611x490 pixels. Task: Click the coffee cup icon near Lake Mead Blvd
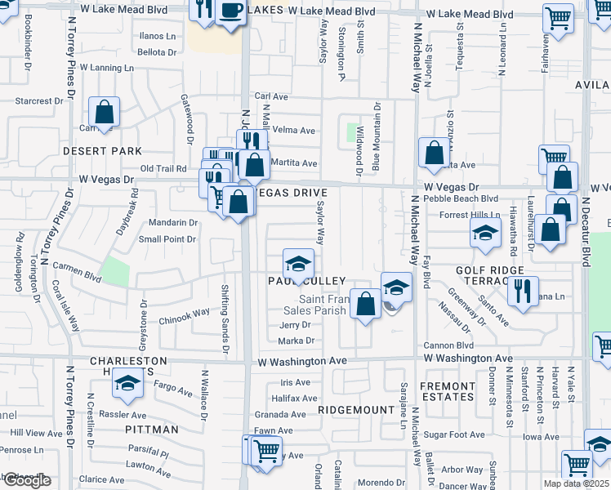click(231, 11)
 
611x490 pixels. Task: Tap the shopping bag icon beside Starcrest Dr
click(105, 112)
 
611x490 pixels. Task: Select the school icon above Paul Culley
click(299, 265)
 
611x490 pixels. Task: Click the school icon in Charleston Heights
click(127, 383)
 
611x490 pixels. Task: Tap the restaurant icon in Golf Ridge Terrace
click(523, 290)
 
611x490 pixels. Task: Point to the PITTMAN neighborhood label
click(152, 429)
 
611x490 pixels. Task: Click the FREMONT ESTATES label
click(447, 391)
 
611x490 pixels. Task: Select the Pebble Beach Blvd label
click(467, 198)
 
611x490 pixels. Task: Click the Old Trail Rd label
click(163, 168)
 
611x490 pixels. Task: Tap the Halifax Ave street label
click(295, 398)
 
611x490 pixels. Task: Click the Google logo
click(27, 480)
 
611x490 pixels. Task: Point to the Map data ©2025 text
click(574, 483)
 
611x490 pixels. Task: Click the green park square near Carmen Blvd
click(115, 271)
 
